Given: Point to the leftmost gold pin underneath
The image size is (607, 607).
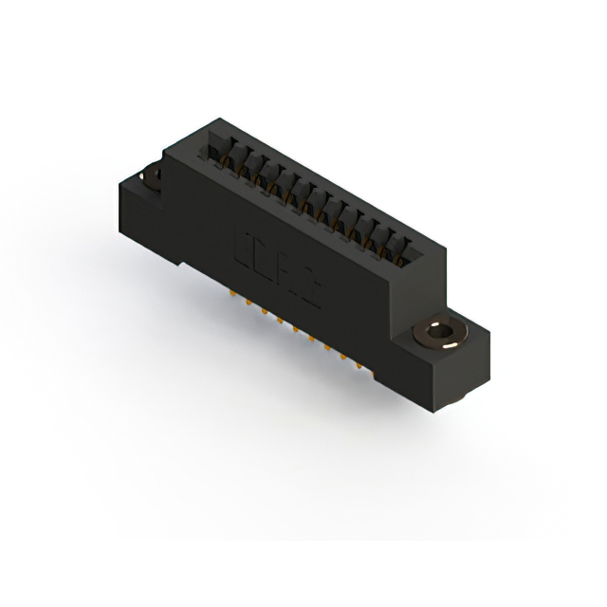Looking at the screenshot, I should [x=231, y=297].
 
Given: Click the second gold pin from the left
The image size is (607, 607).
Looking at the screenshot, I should [x=248, y=305].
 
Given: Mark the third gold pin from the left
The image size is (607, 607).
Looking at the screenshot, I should [x=265, y=314].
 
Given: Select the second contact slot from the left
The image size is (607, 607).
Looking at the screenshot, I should [x=237, y=161].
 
